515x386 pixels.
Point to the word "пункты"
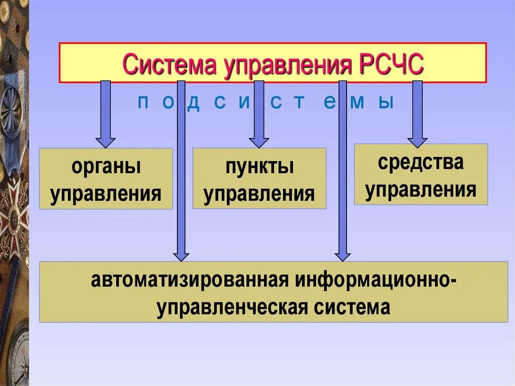pos(259,167)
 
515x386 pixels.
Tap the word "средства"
pos(420,163)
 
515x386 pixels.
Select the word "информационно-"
pos(376,281)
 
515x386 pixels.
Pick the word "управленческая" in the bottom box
pos(232,306)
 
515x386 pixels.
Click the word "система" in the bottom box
pos(350,306)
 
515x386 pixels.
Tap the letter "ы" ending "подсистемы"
pos(385,103)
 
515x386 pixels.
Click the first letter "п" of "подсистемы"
pos(142,103)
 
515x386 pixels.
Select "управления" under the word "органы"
pos(106,194)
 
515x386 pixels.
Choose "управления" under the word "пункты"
pos(259,193)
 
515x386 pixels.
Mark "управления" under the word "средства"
pos(420,190)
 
